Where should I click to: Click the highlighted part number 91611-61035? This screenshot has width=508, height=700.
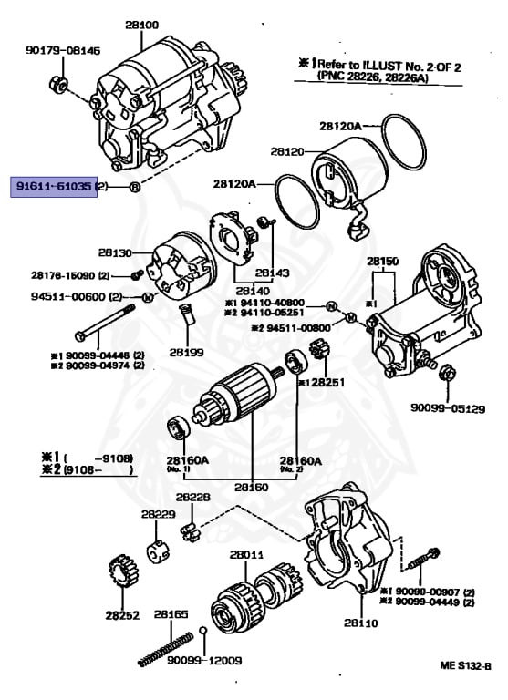tap(53, 186)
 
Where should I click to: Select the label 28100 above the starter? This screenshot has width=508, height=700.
tap(141, 25)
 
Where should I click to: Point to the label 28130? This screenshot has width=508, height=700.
tap(116, 252)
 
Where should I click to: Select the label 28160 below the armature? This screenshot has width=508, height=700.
tap(252, 488)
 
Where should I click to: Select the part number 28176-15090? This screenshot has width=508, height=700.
tap(64, 275)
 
